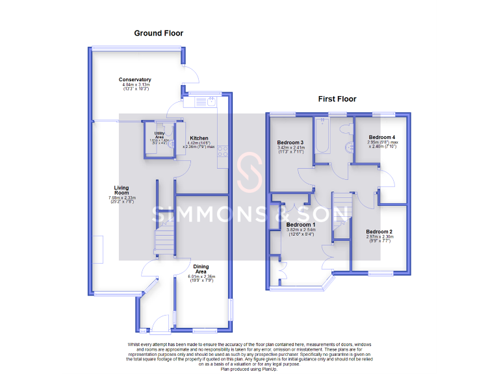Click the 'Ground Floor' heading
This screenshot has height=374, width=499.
[159, 33]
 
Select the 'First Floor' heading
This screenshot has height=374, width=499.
[337, 99]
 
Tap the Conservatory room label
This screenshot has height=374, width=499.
[135, 80]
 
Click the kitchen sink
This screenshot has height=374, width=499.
[211, 101]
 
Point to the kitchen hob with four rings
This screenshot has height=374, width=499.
[223, 151]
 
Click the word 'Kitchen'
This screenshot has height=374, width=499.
[199, 138]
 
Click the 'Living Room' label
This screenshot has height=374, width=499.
[122, 190]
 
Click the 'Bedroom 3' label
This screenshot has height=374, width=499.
[290, 143]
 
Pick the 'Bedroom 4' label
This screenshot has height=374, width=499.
[381, 138]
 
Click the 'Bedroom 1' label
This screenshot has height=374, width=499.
[300, 225]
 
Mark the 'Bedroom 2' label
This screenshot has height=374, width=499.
[379, 232]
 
